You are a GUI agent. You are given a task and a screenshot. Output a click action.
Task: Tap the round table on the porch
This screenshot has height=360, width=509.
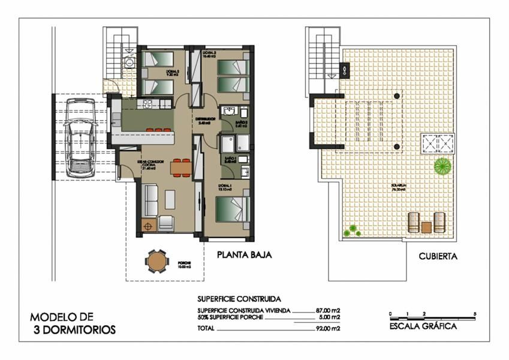click(x=155, y=262)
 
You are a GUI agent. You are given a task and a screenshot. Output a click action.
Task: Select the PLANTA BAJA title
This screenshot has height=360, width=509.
click(x=244, y=255)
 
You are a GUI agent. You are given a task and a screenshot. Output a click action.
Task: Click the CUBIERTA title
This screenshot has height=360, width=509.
click(x=438, y=256)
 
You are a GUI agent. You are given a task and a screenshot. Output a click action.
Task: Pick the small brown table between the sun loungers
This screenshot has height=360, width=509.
click(x=426, y=227)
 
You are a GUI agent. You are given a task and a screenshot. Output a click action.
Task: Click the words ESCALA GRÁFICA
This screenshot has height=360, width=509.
click(x=423, y=327)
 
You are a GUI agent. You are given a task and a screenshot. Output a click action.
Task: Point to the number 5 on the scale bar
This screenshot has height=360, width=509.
click(x=475, y=314)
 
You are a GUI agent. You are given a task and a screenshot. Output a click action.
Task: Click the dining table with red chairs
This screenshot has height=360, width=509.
click(x=179, y=168)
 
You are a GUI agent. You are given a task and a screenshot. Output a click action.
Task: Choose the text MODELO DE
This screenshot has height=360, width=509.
click(x=62, y=317)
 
